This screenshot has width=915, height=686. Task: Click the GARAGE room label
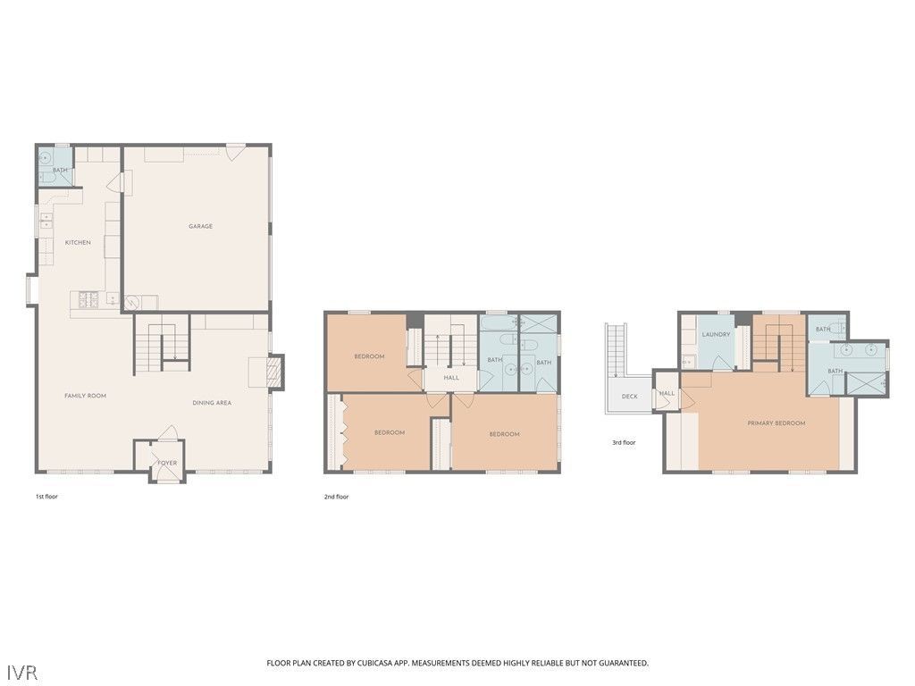200,226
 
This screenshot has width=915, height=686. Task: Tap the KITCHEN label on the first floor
78,242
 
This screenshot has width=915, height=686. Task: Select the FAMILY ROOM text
85,395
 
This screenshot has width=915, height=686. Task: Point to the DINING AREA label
212,403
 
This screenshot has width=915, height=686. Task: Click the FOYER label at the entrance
167,463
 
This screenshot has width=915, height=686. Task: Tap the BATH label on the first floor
60,170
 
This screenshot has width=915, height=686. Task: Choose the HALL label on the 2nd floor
451,378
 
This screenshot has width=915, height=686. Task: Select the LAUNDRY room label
716,334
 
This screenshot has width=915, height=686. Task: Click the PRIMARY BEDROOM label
776,422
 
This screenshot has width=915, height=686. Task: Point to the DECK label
629,396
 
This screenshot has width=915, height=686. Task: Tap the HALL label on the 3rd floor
667,393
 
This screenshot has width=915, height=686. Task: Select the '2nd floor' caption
336,497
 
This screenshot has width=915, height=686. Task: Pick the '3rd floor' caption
624,442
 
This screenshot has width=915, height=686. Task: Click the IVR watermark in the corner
22,671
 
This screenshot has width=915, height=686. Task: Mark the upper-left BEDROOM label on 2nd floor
369,356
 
